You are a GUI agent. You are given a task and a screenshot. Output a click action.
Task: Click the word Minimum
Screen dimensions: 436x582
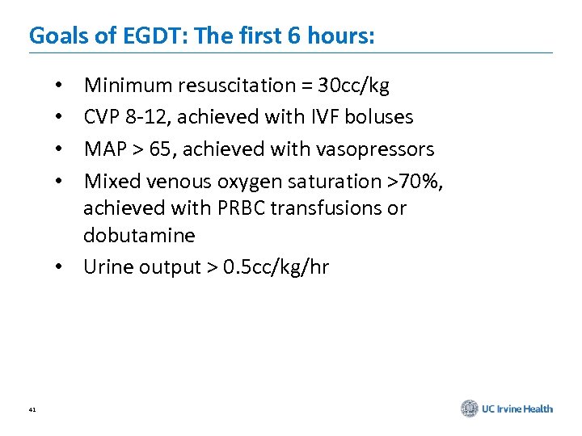(x=122, y=85)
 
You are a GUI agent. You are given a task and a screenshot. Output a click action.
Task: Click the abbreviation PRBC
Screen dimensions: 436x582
(x=242, y=208)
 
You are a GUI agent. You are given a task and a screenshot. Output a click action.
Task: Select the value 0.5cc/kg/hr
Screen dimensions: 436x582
(x=282, y=267)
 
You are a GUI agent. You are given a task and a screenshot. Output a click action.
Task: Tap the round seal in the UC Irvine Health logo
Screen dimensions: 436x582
(x=470, y=409)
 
